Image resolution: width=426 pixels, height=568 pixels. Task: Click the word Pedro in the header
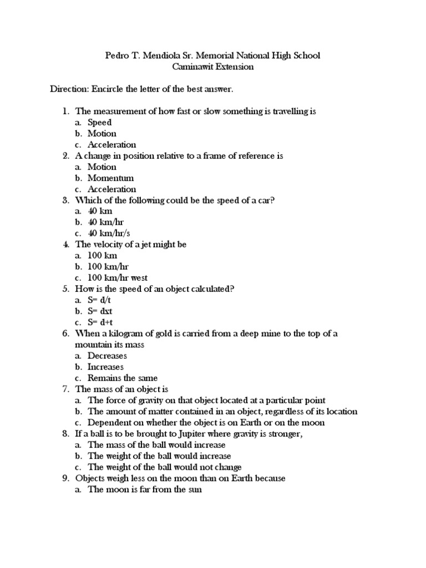(117, 55)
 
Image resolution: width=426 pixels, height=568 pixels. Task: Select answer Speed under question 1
(100, 123)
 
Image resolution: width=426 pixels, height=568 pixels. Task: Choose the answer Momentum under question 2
(110, 178)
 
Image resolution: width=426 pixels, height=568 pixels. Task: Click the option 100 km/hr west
(118, 278)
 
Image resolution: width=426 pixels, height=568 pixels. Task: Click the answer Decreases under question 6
(107, 356)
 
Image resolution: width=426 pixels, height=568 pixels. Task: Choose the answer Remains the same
(122, 378)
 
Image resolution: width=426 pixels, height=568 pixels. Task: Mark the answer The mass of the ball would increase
(156, 445)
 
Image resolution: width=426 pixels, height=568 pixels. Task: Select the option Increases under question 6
(105, 367)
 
